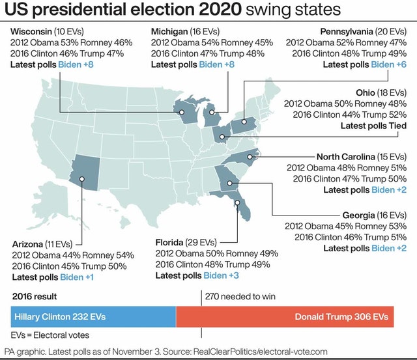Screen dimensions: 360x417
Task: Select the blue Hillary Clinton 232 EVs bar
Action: click(x=93, y=317)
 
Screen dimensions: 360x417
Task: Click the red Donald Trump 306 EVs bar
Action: click(x=285, y=317)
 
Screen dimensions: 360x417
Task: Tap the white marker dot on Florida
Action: click(x=238, y=202)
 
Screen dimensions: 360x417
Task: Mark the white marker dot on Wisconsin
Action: click(x=182, y=112)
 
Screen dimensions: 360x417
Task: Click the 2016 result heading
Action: click(x=35, y=296)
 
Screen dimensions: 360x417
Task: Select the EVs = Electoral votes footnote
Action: click(x=50, y=335)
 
